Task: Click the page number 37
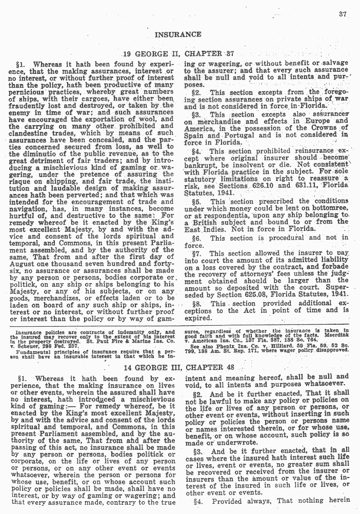(344, 14)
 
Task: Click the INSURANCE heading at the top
(178, 35)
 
